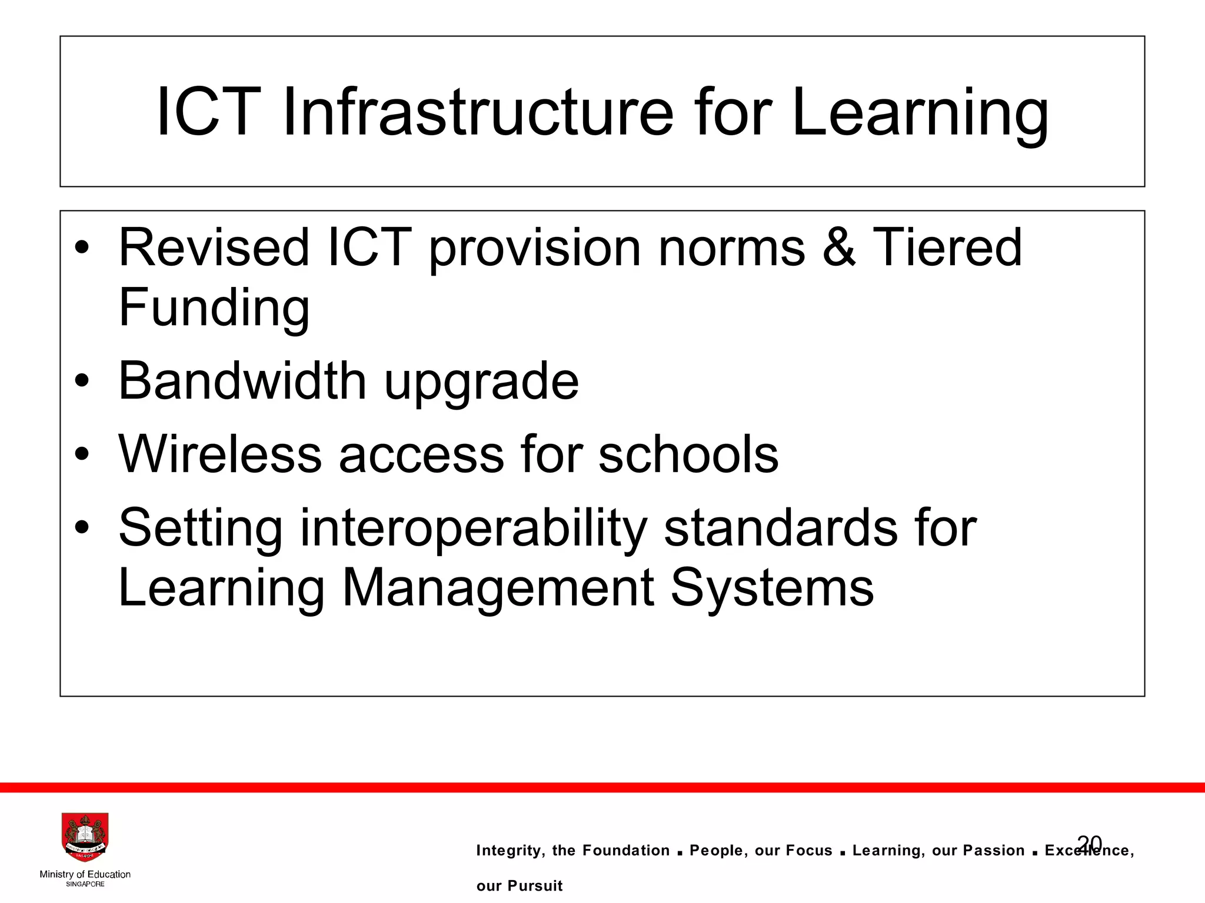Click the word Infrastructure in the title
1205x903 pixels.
point(477,112)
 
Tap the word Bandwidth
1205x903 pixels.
point(242,380)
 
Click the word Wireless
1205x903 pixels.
point(220,454)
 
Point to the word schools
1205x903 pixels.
point(688,454)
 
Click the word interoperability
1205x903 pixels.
point(474,528)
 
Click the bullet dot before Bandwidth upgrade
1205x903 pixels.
point(82,382)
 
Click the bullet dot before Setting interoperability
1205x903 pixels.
point(82,528)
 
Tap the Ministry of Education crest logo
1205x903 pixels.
point(85,838)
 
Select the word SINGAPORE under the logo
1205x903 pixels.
point(85,884)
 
